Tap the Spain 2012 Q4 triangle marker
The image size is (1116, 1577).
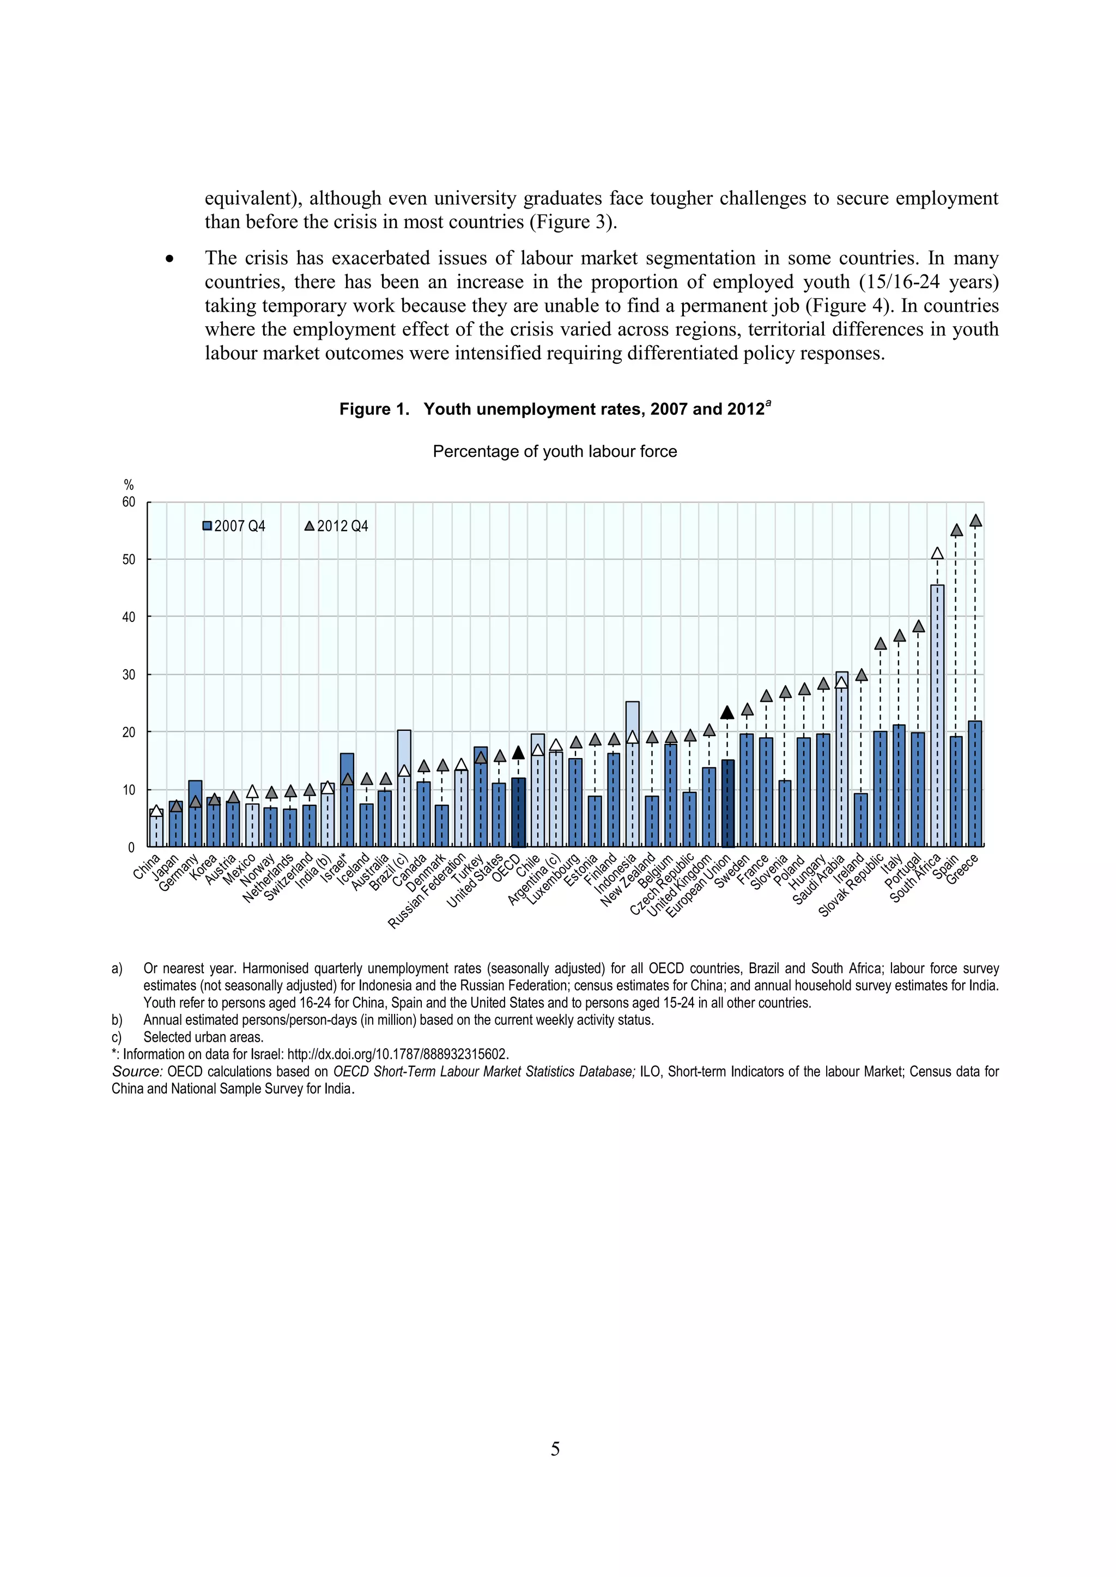(x=956, y=530)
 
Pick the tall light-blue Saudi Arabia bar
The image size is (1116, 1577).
(x=842, y=759)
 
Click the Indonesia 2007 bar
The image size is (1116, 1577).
(x=632, y=774)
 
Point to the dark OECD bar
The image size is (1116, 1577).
(x=518, y=812)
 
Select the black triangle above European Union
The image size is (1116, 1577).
(x=727, y=712)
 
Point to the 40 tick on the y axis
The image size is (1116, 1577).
(x=129, y=617)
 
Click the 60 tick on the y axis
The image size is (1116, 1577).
(x=129, y=502)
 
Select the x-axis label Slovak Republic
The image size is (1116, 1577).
(x=851, y=885)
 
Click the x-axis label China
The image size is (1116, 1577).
(x=147, y=865)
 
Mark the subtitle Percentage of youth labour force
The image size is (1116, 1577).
(x=555, y=451)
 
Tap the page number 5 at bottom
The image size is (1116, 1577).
(x=555, y=1448)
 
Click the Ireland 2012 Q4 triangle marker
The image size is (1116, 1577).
(x=861, y=675)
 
